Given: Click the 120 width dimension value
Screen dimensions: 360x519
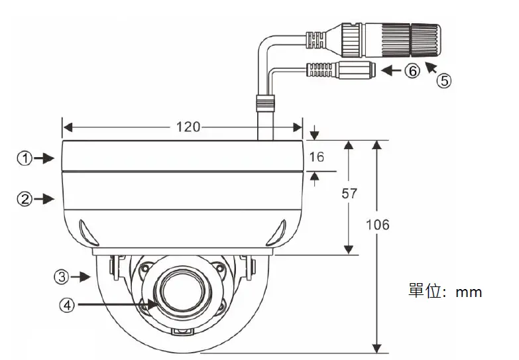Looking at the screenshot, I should (x=188, y=127).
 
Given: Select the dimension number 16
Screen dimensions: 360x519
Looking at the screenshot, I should (x=317, y=157).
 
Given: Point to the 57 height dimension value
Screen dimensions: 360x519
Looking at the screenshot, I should (x=349, y=194).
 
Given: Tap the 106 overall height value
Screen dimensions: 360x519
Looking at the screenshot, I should (x=378, y=224).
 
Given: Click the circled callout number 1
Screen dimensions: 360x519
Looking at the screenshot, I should (x=25, y=158).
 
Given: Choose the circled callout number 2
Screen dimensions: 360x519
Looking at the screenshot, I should (x=25, y=198).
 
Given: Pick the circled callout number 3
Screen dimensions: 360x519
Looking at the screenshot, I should (x=62, y=275).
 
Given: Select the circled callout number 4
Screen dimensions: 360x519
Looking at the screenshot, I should (x=66, y=305).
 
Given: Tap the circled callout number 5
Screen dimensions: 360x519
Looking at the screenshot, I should (x=443, y=81).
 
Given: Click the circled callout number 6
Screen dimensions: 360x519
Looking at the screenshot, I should (x=412, y=71).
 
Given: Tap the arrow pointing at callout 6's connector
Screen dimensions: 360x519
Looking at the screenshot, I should (x=392, y=70).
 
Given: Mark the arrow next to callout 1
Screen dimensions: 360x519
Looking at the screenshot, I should (x=45, y=158).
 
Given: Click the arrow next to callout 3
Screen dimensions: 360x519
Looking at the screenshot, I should (x=82, y=275).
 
